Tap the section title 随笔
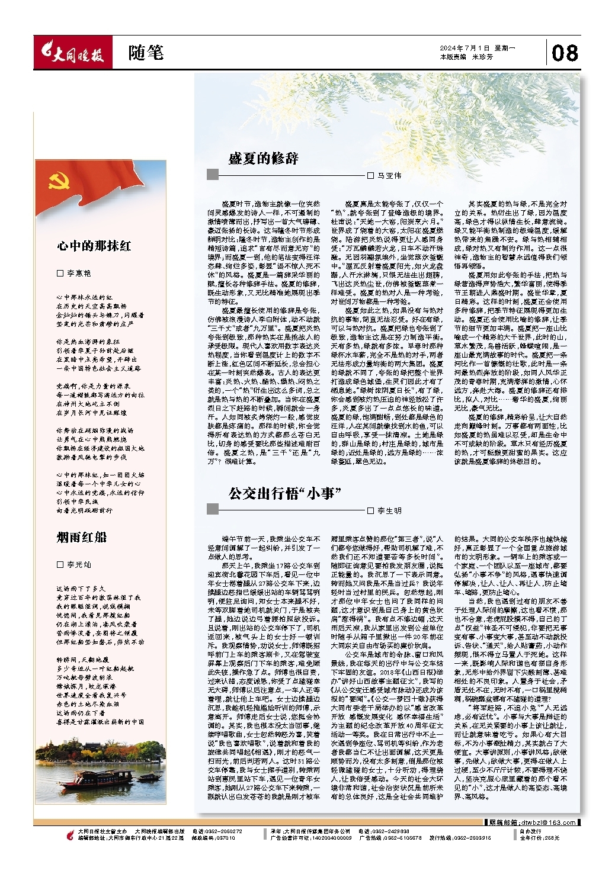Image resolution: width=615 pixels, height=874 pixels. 145,53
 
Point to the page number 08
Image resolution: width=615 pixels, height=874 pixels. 565,54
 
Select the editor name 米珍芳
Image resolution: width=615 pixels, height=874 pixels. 482,57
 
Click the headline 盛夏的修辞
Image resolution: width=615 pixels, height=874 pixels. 264,158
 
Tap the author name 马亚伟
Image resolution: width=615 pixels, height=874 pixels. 389,175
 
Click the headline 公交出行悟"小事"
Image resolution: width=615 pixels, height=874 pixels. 286,493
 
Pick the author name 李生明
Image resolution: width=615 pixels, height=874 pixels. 389,510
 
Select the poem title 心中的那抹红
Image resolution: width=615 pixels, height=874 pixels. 94,246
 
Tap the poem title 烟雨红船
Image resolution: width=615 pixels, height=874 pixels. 82,537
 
